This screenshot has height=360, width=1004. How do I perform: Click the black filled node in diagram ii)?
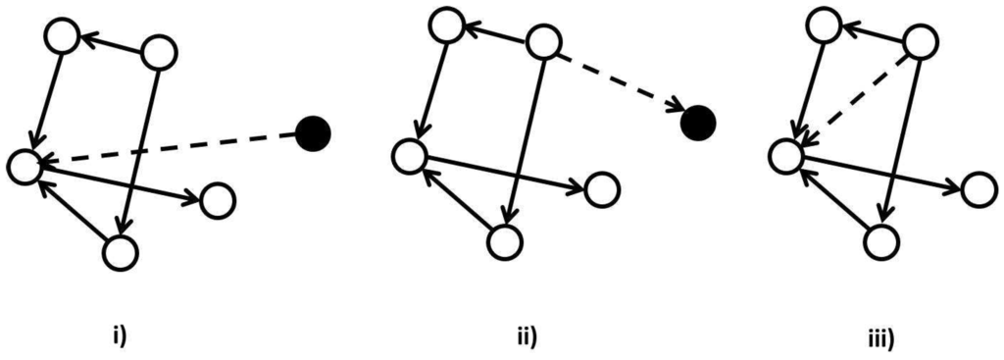[699, 120]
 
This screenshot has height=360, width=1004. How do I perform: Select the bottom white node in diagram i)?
[121, 253]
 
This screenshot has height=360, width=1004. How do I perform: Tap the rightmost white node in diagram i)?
[218, 201]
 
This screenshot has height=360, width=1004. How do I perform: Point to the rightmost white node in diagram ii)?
[602, 187]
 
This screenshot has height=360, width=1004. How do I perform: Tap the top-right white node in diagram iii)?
[920, 40]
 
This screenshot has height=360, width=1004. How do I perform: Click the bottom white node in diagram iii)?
[879, 240]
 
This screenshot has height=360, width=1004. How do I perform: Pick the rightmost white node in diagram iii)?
[979, 189]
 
